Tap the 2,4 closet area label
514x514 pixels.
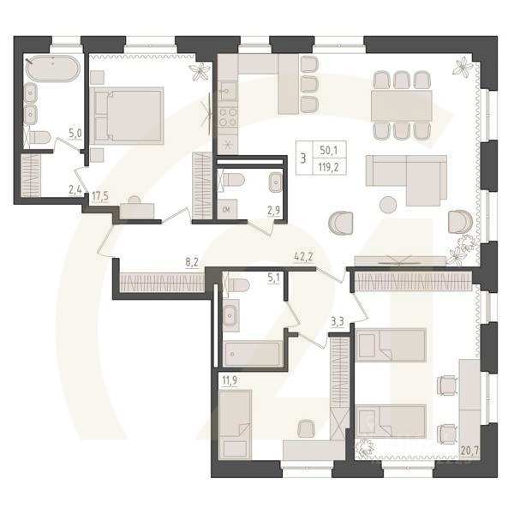[76, 190]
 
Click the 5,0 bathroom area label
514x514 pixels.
[75, 134]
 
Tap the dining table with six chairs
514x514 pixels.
[402, 106]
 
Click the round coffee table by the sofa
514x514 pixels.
[388, 204]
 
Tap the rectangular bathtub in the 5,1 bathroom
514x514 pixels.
[252, 354]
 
